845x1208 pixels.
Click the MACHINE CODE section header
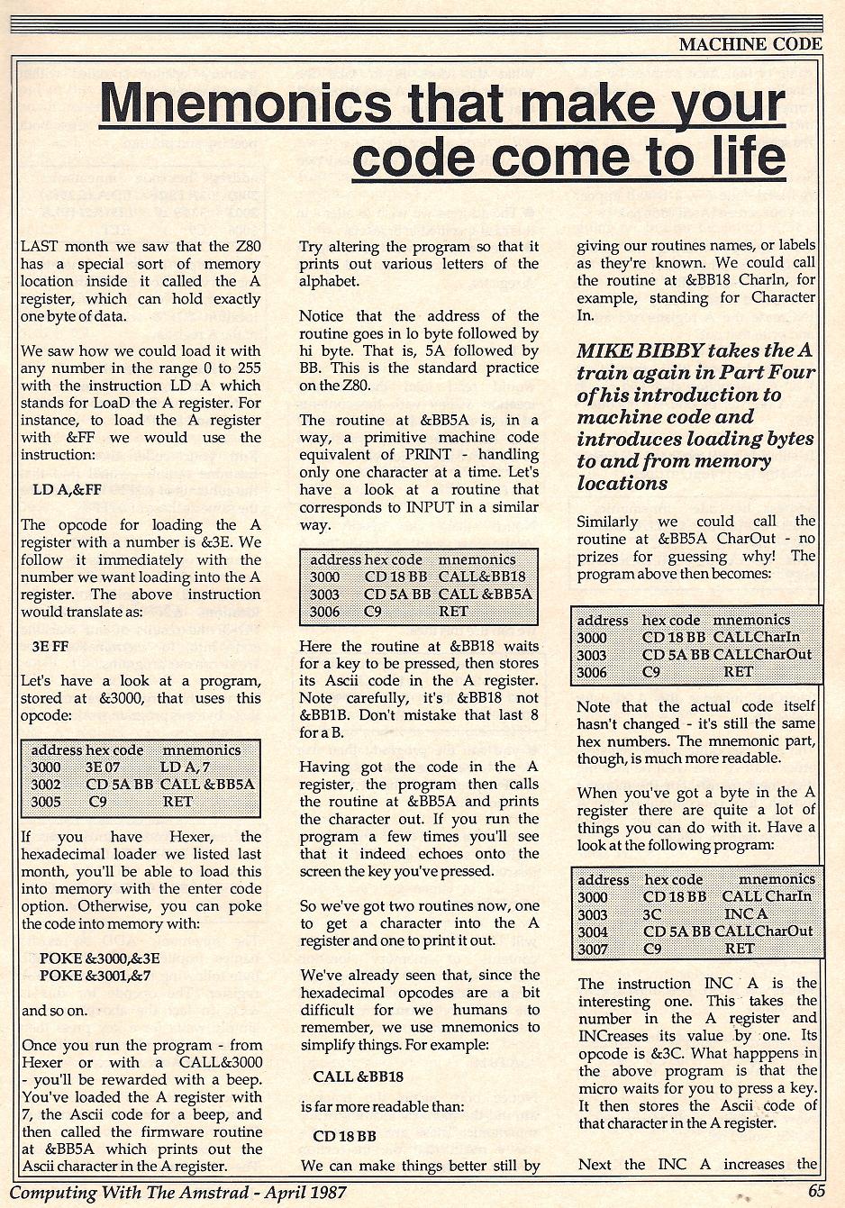(x=750, y=43)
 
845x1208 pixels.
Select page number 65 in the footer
(x=816, y=1190)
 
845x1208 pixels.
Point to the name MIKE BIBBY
(x=642, y=350)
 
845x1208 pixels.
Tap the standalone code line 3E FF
(x=50, y=647)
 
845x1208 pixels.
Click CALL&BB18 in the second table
(x=481, y=577)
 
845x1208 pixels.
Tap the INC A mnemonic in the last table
(x=746, y=914)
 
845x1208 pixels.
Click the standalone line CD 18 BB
(x=344, y=1137)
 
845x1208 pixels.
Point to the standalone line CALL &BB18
(x=358, y=1076)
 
